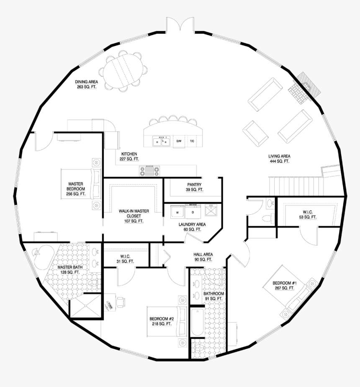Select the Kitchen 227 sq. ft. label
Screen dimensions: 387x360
pos(129,157)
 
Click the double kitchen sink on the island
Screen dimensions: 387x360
pos(161,141)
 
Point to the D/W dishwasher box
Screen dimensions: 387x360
pos(179,141)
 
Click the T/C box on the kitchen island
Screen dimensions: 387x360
pos(192,141)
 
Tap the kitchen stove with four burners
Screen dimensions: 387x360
pos(149,171)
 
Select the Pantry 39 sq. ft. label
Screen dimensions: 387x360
pos(194,187)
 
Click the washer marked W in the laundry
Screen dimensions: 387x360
pos(177,212)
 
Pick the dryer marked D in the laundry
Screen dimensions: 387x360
pos(193,212)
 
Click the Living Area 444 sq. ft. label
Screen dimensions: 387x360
pos(279,159)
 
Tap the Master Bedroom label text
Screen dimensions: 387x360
pos(76,189)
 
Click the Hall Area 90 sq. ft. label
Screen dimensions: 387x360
pos(203,257)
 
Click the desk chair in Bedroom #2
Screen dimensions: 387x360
pos(121,301)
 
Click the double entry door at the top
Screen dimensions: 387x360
pos(180,26)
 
